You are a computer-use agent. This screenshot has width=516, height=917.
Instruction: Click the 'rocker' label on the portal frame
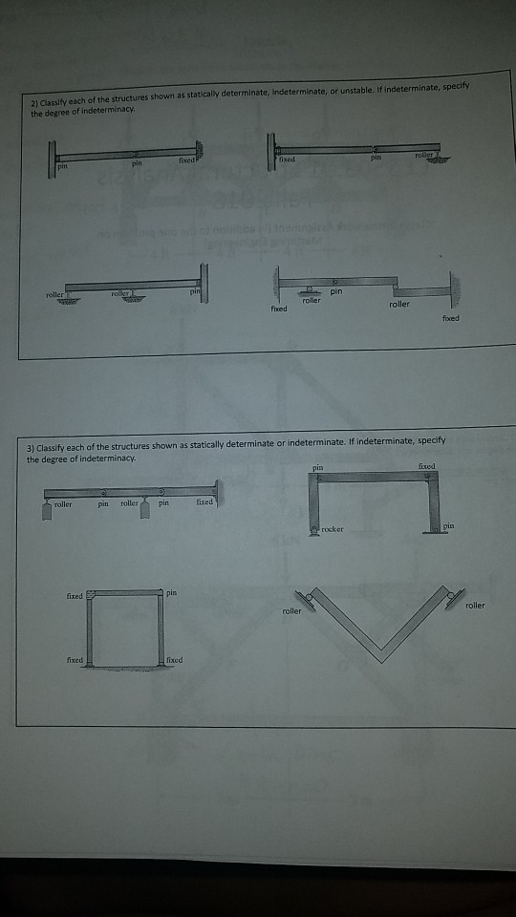[x=333, y=529]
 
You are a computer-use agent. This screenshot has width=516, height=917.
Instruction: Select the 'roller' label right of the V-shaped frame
[x=474, y=605]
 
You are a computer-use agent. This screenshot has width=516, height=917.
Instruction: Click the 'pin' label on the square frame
[x=171, y=593]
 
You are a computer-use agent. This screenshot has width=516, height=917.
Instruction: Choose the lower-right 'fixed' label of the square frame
[x=173, y=660]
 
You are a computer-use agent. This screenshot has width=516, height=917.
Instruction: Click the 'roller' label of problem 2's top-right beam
[x=424, y=153]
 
